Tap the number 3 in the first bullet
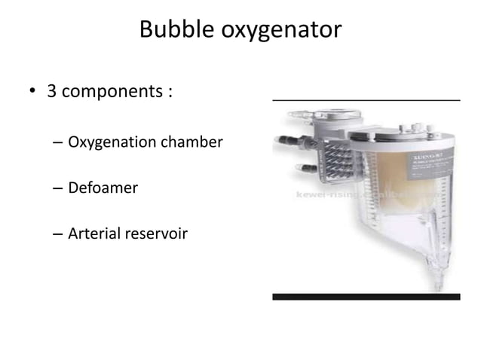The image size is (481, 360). pos(53,93)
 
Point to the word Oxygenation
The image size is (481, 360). pos(112,142)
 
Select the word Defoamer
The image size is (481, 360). pos(103,188)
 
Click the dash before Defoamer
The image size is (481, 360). pos(58,188)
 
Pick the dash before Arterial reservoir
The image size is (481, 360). pos(58,235)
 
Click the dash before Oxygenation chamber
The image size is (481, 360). pos(58,142)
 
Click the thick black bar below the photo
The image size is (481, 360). pos(366,297)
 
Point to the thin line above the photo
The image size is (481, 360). pos(366,99)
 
